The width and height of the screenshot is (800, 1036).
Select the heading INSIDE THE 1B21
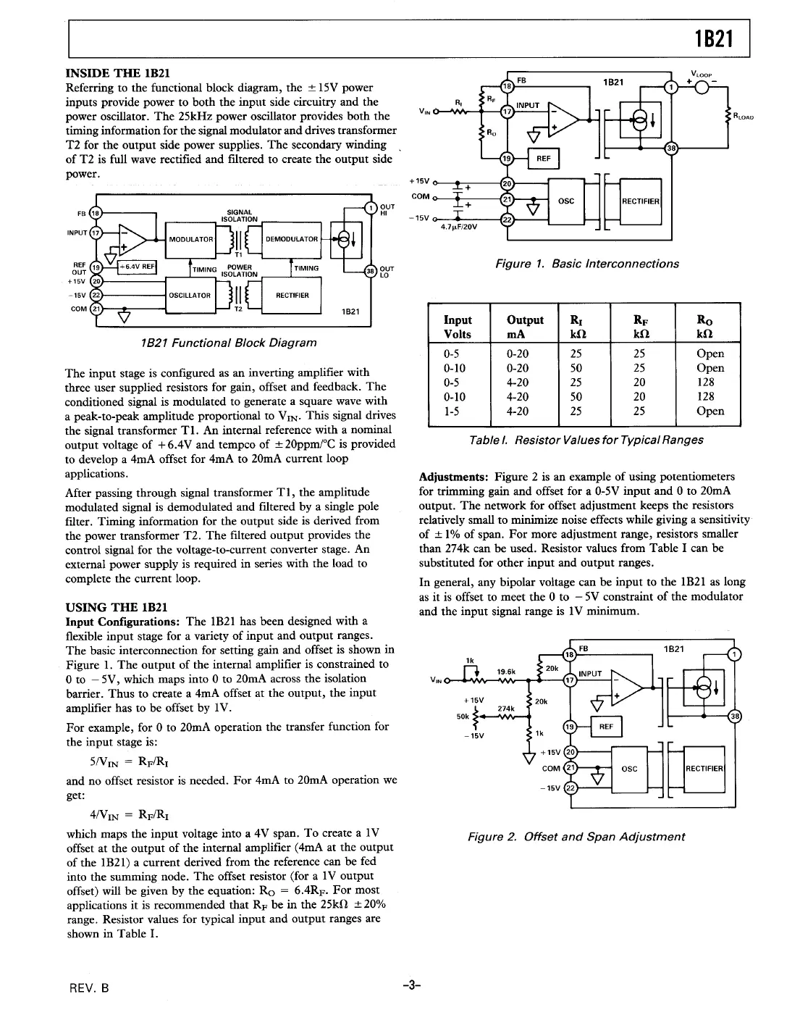(x=118, y=73)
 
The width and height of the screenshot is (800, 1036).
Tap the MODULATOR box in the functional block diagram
(x=191, y=239)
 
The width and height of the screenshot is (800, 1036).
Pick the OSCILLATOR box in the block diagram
(x=190, y=295)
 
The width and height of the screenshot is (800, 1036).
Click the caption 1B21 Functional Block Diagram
(x=229, y=342)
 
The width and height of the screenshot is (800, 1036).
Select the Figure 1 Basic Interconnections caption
(x=586, y=264)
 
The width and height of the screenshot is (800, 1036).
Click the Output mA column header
(x=525, y=326)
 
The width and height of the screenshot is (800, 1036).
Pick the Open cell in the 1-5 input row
(x=710, y=411)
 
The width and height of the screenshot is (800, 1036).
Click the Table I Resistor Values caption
(x=586, y=440)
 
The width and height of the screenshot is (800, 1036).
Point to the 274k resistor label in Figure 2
(x=505, y=709)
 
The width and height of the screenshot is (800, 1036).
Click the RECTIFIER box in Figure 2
(x=704, y=768)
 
